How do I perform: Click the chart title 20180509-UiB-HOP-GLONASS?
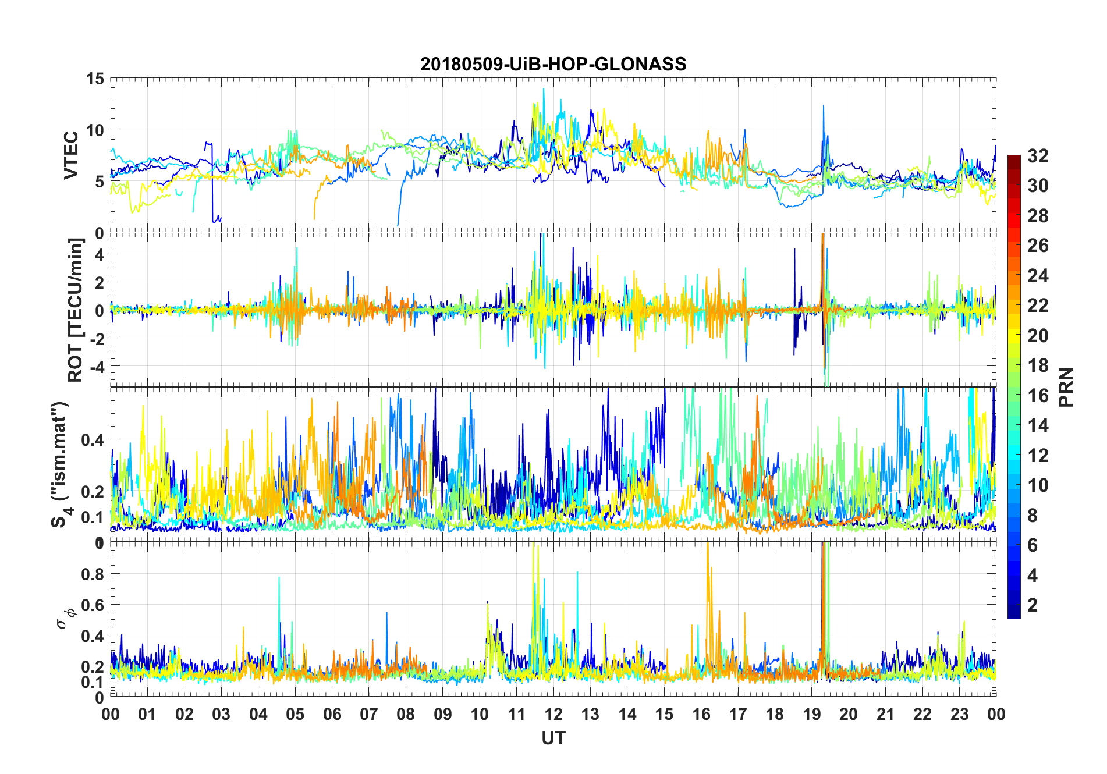(x=553, y=64)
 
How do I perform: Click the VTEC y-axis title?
(x=71, y=155)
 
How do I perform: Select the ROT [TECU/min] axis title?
(x=76, y=310)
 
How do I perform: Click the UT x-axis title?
(x=553, y=738)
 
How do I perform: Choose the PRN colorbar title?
(x=1066, y=387)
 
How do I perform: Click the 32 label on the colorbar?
(x=1038, y=155)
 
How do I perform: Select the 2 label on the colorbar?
(x=1033, y=605)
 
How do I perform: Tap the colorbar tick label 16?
(x=1038, y=396)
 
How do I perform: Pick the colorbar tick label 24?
(x=1038, y=276)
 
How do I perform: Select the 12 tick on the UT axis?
(x=553, y=714)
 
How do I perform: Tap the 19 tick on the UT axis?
(x=812, y=714)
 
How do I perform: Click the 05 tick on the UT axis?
(x=295, y=714)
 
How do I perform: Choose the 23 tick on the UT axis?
(x=959, y=714)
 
